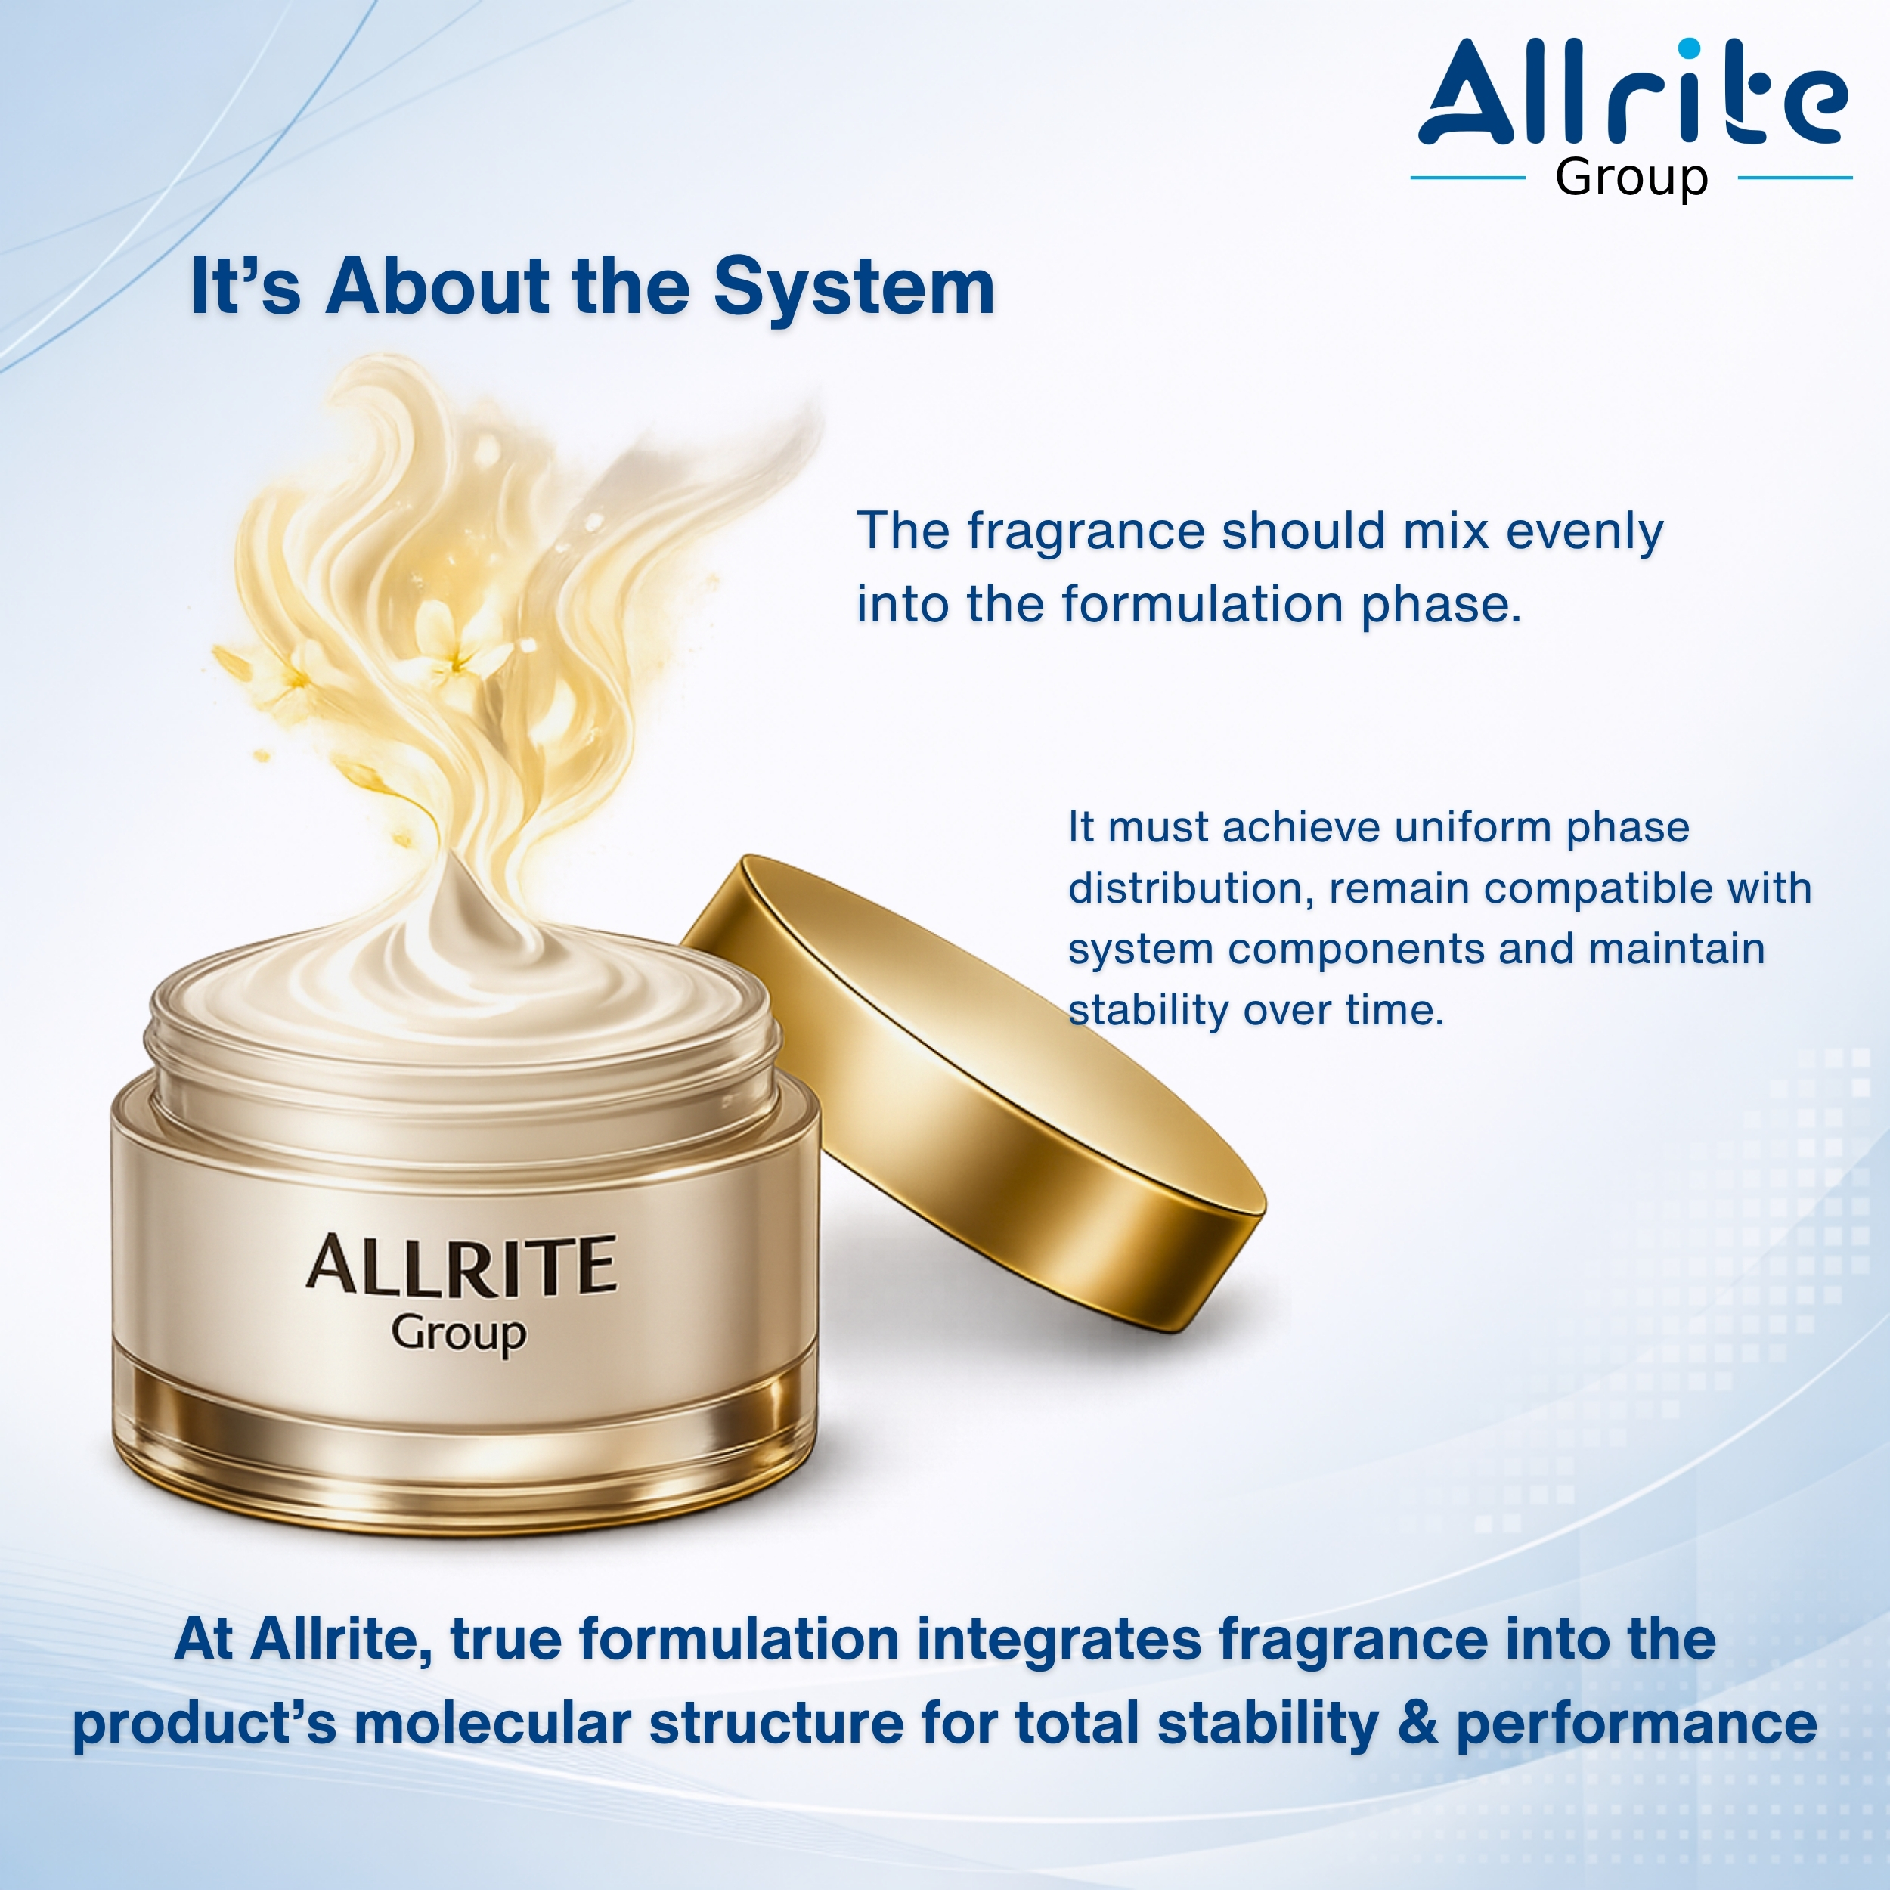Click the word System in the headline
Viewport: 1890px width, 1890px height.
click(x=854, y=287)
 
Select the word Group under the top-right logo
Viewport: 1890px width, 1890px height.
click(x=1631, y=179)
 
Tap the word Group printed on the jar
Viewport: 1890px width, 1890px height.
click(x=459, y=1334)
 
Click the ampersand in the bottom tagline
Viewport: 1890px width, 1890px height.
click(x=1417, y=1724)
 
